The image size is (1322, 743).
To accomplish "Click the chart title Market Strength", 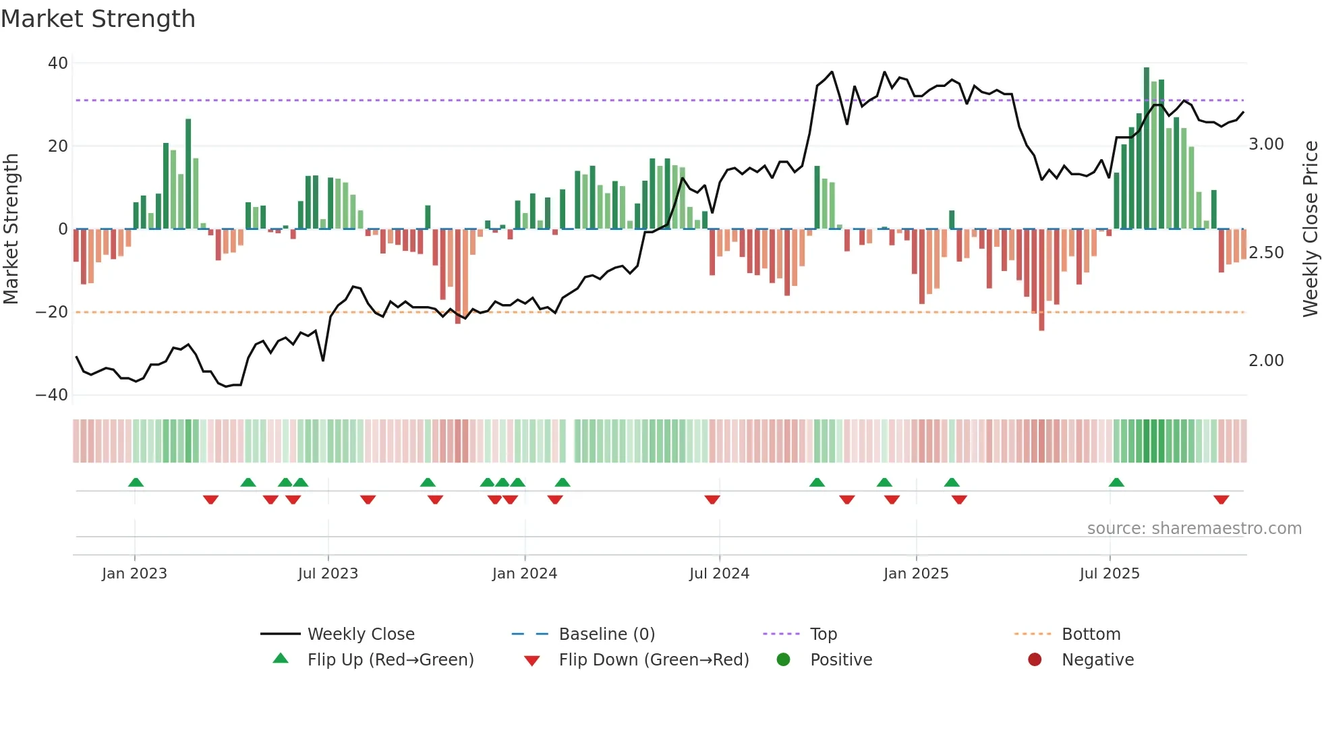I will click(x=98, y=19).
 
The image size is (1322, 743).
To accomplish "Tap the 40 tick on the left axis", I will click(x=58, y=63).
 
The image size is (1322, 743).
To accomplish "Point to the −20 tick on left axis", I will click(x=52, y=312).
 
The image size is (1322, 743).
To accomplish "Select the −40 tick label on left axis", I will click(x=52, y=395).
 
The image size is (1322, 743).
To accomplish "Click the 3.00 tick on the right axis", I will click(x=1266, y=144).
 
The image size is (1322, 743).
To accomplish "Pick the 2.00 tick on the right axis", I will click(x=1266, y=361).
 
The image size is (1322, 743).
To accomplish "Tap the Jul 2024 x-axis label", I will click(x=719, y=574).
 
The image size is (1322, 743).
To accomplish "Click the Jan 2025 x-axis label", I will click(x=916, y=574).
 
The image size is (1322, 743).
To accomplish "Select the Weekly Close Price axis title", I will click(x=1310, y=229).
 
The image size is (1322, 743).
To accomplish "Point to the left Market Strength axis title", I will click(x=11, y=229).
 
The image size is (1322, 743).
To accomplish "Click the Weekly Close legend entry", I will click(x=360, y=634).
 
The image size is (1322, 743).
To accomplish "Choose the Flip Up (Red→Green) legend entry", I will click(x=390, y=660).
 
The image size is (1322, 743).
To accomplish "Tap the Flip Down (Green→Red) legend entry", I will click(x=653, y=660).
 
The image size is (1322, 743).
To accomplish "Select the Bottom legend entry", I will click(x=1091, y=634).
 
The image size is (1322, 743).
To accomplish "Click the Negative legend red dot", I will click(x=1035, y=660).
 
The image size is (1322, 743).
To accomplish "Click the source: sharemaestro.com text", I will click(x=1194, y=529).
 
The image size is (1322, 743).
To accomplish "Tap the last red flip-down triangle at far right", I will click(x=1221, y=500).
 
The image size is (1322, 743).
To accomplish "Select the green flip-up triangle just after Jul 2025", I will click(x=1116, y=482).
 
